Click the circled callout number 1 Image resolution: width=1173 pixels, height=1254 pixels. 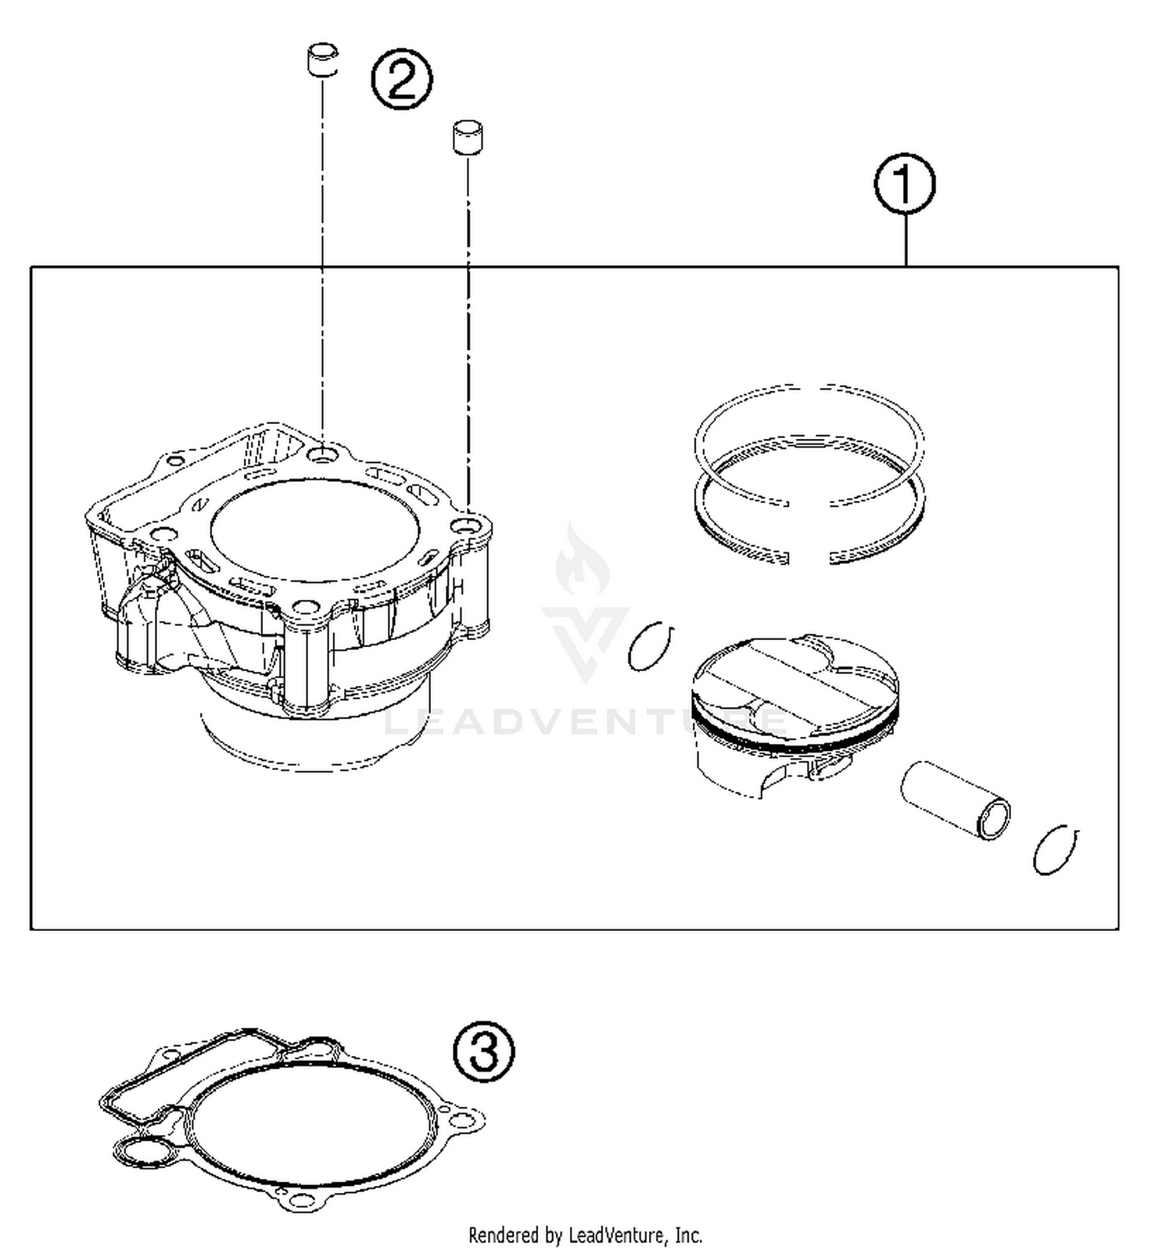pyautogui.click(x=904, y=185)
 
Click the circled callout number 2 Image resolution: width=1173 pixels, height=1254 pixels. pyautogui.click(x=401, y=79)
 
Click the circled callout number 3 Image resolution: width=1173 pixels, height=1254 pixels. pyautogui.click(x=484, y=1051)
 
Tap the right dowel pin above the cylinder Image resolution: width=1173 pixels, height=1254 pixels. pyautogui.click(x=468, y=136)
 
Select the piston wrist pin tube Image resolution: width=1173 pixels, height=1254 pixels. pyautogui.click(x=954, y=800)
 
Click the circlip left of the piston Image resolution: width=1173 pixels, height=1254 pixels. pyautogui.click(x=651, y=646)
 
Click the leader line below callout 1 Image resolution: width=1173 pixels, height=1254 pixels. pyautogui.click(x=906, y=240)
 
